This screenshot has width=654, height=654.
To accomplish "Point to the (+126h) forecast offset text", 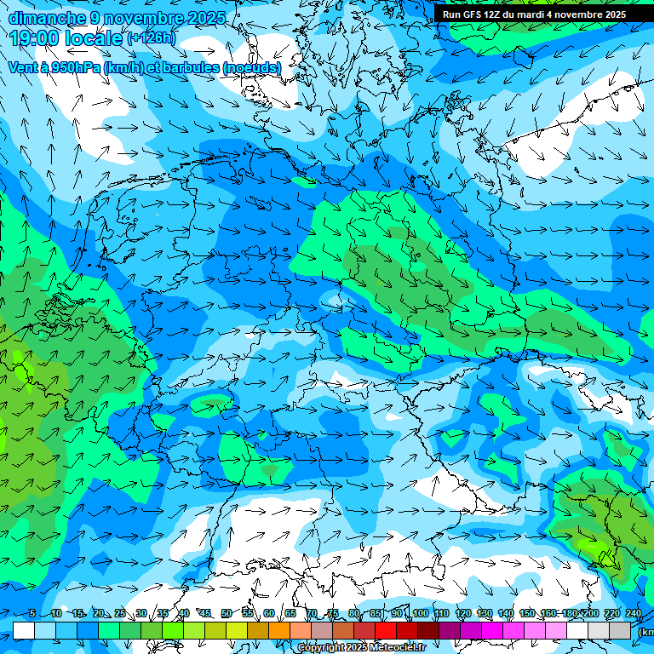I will [152, 38].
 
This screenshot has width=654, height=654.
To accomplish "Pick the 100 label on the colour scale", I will [420, 613].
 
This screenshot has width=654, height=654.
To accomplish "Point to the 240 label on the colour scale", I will [634, 613].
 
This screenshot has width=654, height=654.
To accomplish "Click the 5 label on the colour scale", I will [32, 613].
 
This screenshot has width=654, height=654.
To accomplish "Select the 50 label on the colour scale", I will [226, 613].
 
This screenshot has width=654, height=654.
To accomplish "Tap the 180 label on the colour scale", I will [569, 613].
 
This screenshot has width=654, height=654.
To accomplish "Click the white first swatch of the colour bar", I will [24, 630].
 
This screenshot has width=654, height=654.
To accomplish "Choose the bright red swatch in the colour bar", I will [386, 630].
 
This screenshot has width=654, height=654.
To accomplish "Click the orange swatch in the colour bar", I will [258, 630].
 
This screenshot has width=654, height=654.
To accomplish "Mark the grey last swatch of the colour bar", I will [620, 630].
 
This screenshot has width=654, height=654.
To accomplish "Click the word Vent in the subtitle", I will [24, 67].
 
